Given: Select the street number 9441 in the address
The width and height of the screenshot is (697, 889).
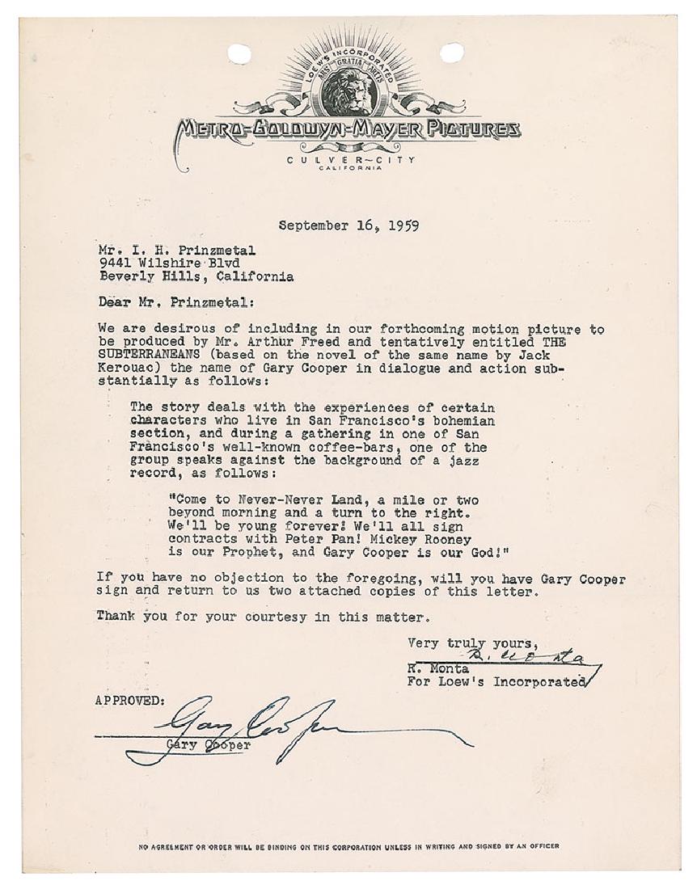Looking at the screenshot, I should pos(112,262).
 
